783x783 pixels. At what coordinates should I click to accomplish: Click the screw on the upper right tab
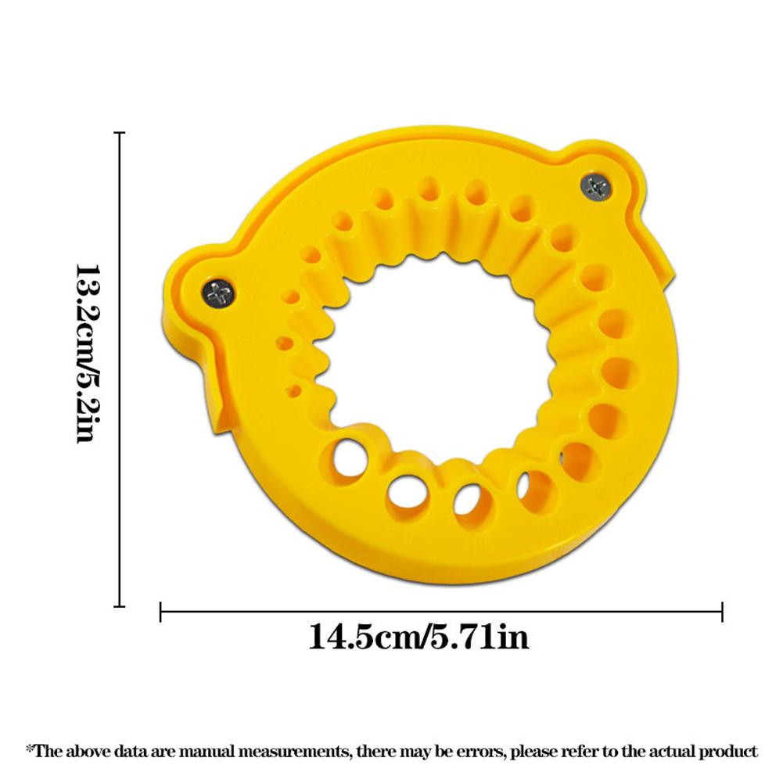[x=596, y=187]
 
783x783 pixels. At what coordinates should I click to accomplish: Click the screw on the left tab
[x=219, y=293]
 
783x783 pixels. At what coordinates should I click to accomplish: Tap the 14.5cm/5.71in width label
[x=418, y=637]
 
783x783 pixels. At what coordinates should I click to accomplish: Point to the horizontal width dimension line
[x=441, y=611]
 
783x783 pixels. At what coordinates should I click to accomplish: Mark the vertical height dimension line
[x=120, y=369]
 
